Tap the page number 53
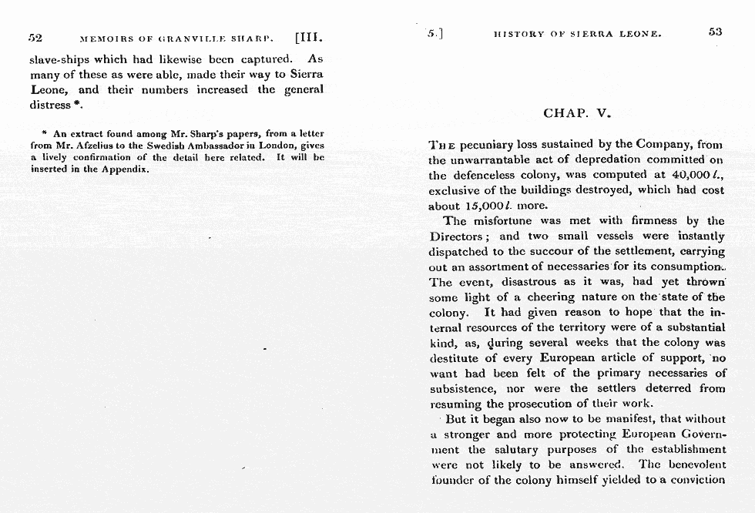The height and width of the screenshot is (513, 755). point(715,32)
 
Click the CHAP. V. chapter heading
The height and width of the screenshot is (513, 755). point(577,113)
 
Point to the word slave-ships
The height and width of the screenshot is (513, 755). point(60,59)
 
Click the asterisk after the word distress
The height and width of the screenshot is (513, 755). point(78,104)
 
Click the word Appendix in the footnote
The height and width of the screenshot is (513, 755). point(125,169)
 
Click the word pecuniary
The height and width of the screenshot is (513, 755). point(493,144)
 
